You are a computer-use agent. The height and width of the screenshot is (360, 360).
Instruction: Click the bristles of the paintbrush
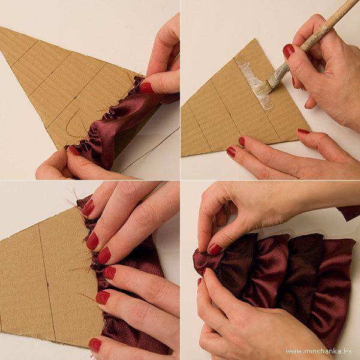(x=261, y=88)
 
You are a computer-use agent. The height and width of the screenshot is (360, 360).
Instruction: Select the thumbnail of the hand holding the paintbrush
(x=289, y=50)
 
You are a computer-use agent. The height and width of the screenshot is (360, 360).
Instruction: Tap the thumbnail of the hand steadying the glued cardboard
(x=304, y=131)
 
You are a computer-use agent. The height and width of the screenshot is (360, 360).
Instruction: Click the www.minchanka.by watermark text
(x=319, y=351)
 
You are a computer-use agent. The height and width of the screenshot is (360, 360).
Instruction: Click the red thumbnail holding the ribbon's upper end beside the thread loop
(x=146, y=88)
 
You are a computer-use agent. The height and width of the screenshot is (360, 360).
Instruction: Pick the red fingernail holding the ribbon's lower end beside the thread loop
(x=74, y=151)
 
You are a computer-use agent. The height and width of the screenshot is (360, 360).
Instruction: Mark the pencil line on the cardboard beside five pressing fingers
(x=47, y=283)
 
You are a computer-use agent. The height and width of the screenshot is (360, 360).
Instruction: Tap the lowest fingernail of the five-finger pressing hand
(x=95, y=345)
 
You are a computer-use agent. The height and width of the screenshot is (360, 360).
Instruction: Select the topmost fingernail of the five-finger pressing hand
(x=88, y=208)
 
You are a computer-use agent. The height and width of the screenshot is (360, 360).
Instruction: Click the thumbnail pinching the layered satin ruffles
(x=215, y=250)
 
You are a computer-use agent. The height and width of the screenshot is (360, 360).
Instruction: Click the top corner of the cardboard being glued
(x=254, y=39)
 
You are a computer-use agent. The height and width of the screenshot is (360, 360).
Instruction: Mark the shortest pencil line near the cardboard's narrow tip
(x=25, y=53)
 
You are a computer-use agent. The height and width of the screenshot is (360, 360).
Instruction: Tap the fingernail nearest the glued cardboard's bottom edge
(x=231, y=152)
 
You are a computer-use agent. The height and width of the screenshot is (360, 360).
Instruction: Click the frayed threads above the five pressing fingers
(x=76, y=199)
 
